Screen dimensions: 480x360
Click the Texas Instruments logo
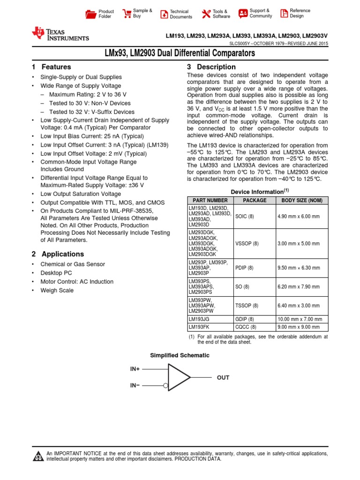pos(60,34)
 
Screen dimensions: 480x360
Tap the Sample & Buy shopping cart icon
pos(127,13)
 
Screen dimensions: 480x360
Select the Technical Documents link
pos(180,14)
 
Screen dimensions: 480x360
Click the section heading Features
pos(56,67)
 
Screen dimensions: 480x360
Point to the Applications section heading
pos(63,254)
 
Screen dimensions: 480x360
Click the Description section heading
pos(216,67)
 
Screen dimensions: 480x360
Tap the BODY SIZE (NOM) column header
pos(302,200)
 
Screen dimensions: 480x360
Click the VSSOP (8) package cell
pos(247,244)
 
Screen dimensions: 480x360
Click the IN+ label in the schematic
pos(135,369)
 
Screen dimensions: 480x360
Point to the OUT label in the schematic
pos(223,377)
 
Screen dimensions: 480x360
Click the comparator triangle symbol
pos(178,377)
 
